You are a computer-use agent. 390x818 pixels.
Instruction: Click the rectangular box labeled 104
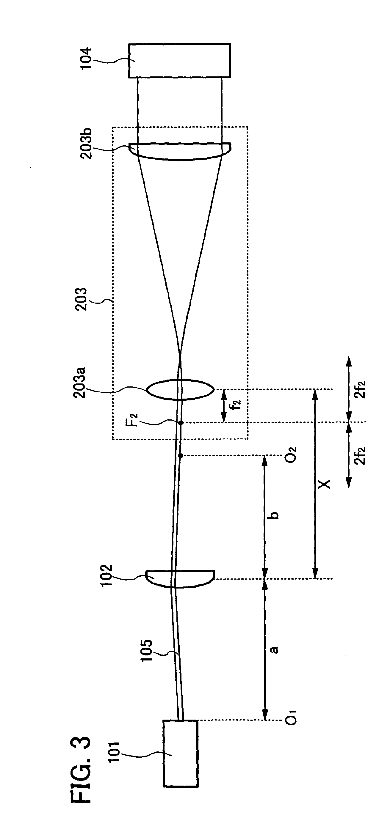[180, 61]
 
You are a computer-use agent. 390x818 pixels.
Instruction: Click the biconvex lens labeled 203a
[180, 389]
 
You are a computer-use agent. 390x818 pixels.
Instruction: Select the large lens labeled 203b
[180, 151]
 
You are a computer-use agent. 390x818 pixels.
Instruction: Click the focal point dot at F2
[181, 423]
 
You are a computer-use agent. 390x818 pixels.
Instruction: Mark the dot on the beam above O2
[181, 456]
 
